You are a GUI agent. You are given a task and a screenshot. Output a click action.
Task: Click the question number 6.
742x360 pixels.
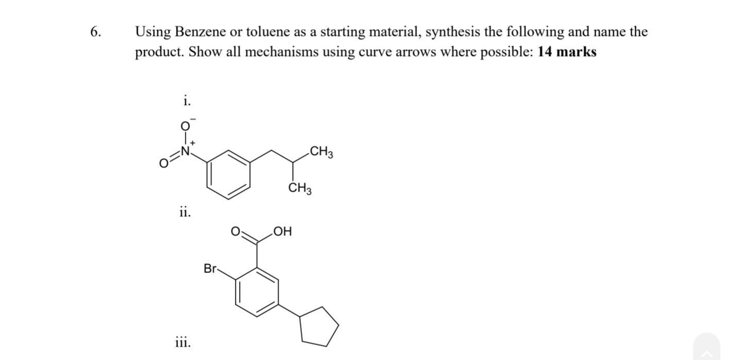pyautogui.click(x=95, y=32)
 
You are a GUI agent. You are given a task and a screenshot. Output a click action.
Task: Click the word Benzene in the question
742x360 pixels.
pyautogui.click(x=200, y=32)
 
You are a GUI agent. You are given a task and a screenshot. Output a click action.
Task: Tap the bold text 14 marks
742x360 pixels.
pyautogui.click(x=567, y=52)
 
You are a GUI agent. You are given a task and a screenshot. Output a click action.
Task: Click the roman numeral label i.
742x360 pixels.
pyautogui.click(x=186, y=101)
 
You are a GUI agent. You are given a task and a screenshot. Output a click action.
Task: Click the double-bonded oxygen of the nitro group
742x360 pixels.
pyautogui.click(x=163, y=164)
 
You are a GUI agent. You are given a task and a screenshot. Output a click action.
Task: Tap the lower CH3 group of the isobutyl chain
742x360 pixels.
pyautogui.click(x=300, y=189)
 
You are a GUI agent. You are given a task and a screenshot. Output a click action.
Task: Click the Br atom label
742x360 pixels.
pyautogui.click(x=210, y=268)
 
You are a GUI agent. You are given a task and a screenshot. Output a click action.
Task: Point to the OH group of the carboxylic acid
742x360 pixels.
pyautogui.click(x=282, y=232)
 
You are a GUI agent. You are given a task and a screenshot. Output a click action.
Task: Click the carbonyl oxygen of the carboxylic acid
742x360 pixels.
pyautogui.click(x=235, y=232)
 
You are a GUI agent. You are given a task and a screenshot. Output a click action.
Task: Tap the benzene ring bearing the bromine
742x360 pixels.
pyautogui.click(x=257, y=292)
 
